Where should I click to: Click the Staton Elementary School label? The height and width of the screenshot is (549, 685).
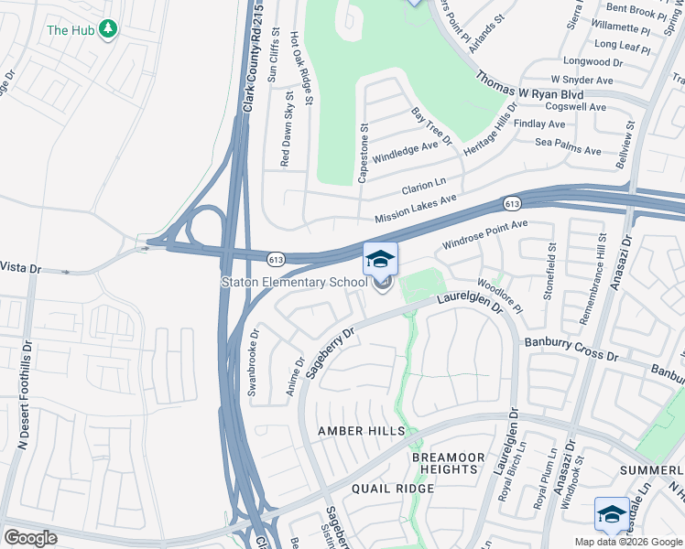[x=294, y=282]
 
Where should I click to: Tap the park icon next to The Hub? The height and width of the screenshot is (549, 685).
[x=109, y=29]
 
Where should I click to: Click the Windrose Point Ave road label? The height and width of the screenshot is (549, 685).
[x=485, y=234]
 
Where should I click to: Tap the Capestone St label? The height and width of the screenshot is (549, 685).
[x=364, y=153]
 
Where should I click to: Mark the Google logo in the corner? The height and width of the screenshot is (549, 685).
[x=30, y=538]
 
